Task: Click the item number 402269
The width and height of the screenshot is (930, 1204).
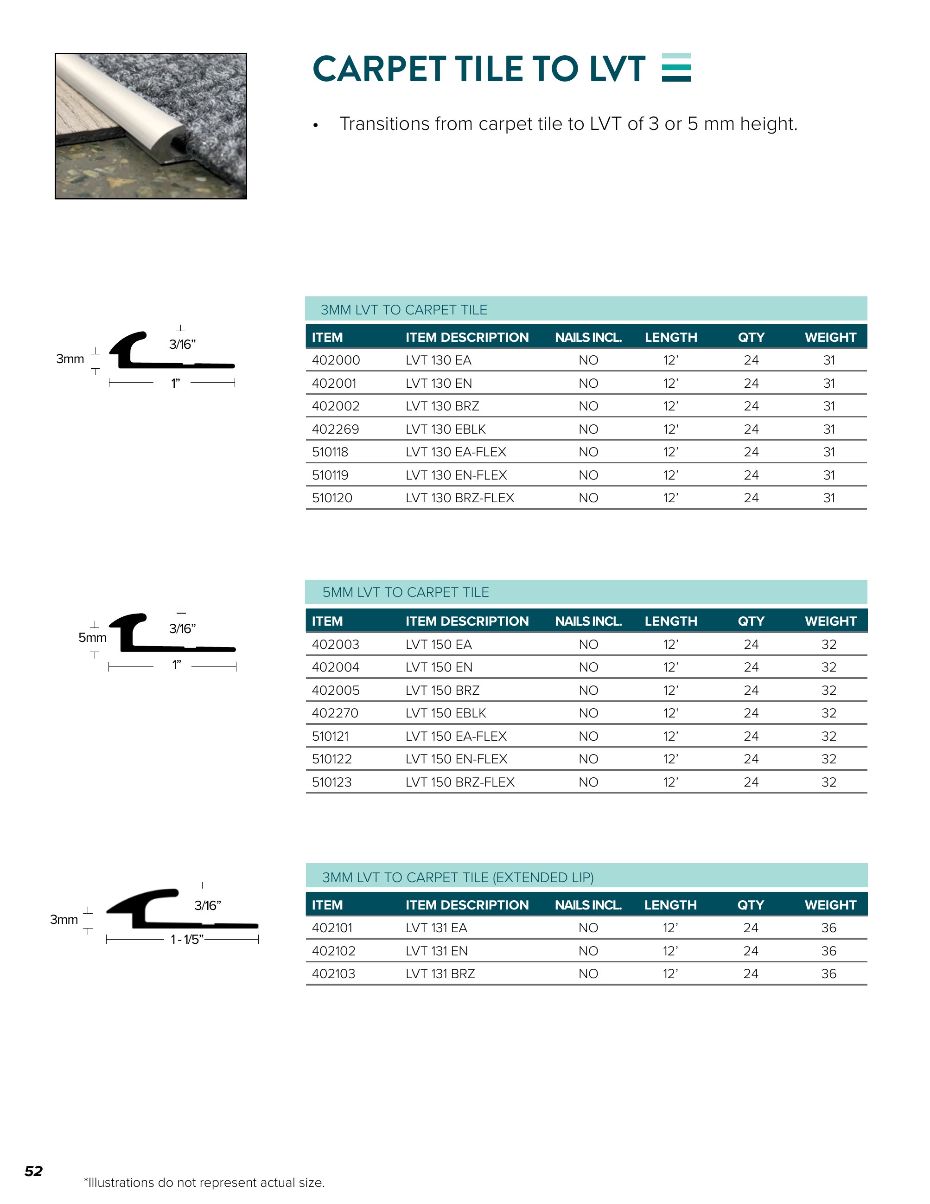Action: pos(335,429)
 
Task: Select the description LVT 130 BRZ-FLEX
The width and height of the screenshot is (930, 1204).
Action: pos(459,498)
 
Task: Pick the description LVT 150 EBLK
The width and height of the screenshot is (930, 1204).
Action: pos(446,713)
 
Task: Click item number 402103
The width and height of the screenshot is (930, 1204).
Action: pos(333,973)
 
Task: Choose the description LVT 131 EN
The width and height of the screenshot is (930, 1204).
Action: pos(436,951)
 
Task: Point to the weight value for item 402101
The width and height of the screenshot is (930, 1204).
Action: pos(828,928)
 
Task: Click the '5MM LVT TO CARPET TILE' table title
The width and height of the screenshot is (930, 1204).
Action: pos(406,592)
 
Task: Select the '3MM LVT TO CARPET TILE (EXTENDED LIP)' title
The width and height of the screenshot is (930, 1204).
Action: pos(457,877)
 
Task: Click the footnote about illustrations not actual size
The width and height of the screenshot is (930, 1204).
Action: pos(204,1183)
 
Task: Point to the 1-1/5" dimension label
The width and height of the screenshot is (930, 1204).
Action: pos(187,939)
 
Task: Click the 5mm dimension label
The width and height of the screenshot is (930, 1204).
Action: pos(92,638)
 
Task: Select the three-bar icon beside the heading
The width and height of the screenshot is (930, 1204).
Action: pos(676,67)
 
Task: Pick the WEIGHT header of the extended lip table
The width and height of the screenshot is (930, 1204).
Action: pos(830,905)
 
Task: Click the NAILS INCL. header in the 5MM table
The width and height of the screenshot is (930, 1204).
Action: pos(588,621)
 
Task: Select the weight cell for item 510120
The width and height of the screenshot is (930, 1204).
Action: pos(828,498)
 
